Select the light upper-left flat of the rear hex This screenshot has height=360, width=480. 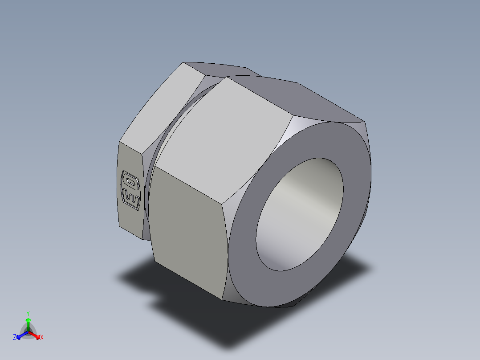point(160,107)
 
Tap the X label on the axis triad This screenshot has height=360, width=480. point(42,338)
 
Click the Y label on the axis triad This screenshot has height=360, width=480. point(28,313)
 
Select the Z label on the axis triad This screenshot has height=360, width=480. point(15,338)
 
